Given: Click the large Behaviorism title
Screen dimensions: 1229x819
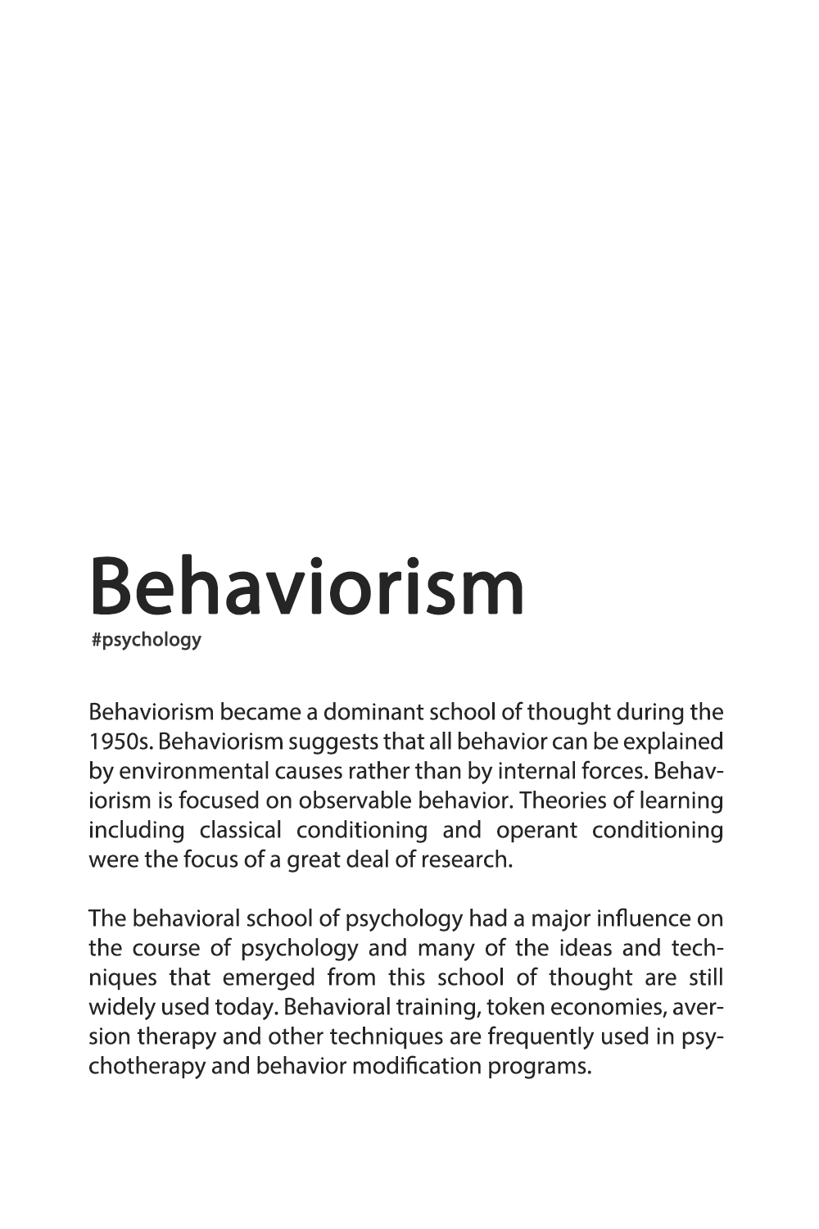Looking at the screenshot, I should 305,587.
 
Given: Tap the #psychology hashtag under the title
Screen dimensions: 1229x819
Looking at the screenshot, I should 146,640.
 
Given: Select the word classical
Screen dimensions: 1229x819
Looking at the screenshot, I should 240,830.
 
